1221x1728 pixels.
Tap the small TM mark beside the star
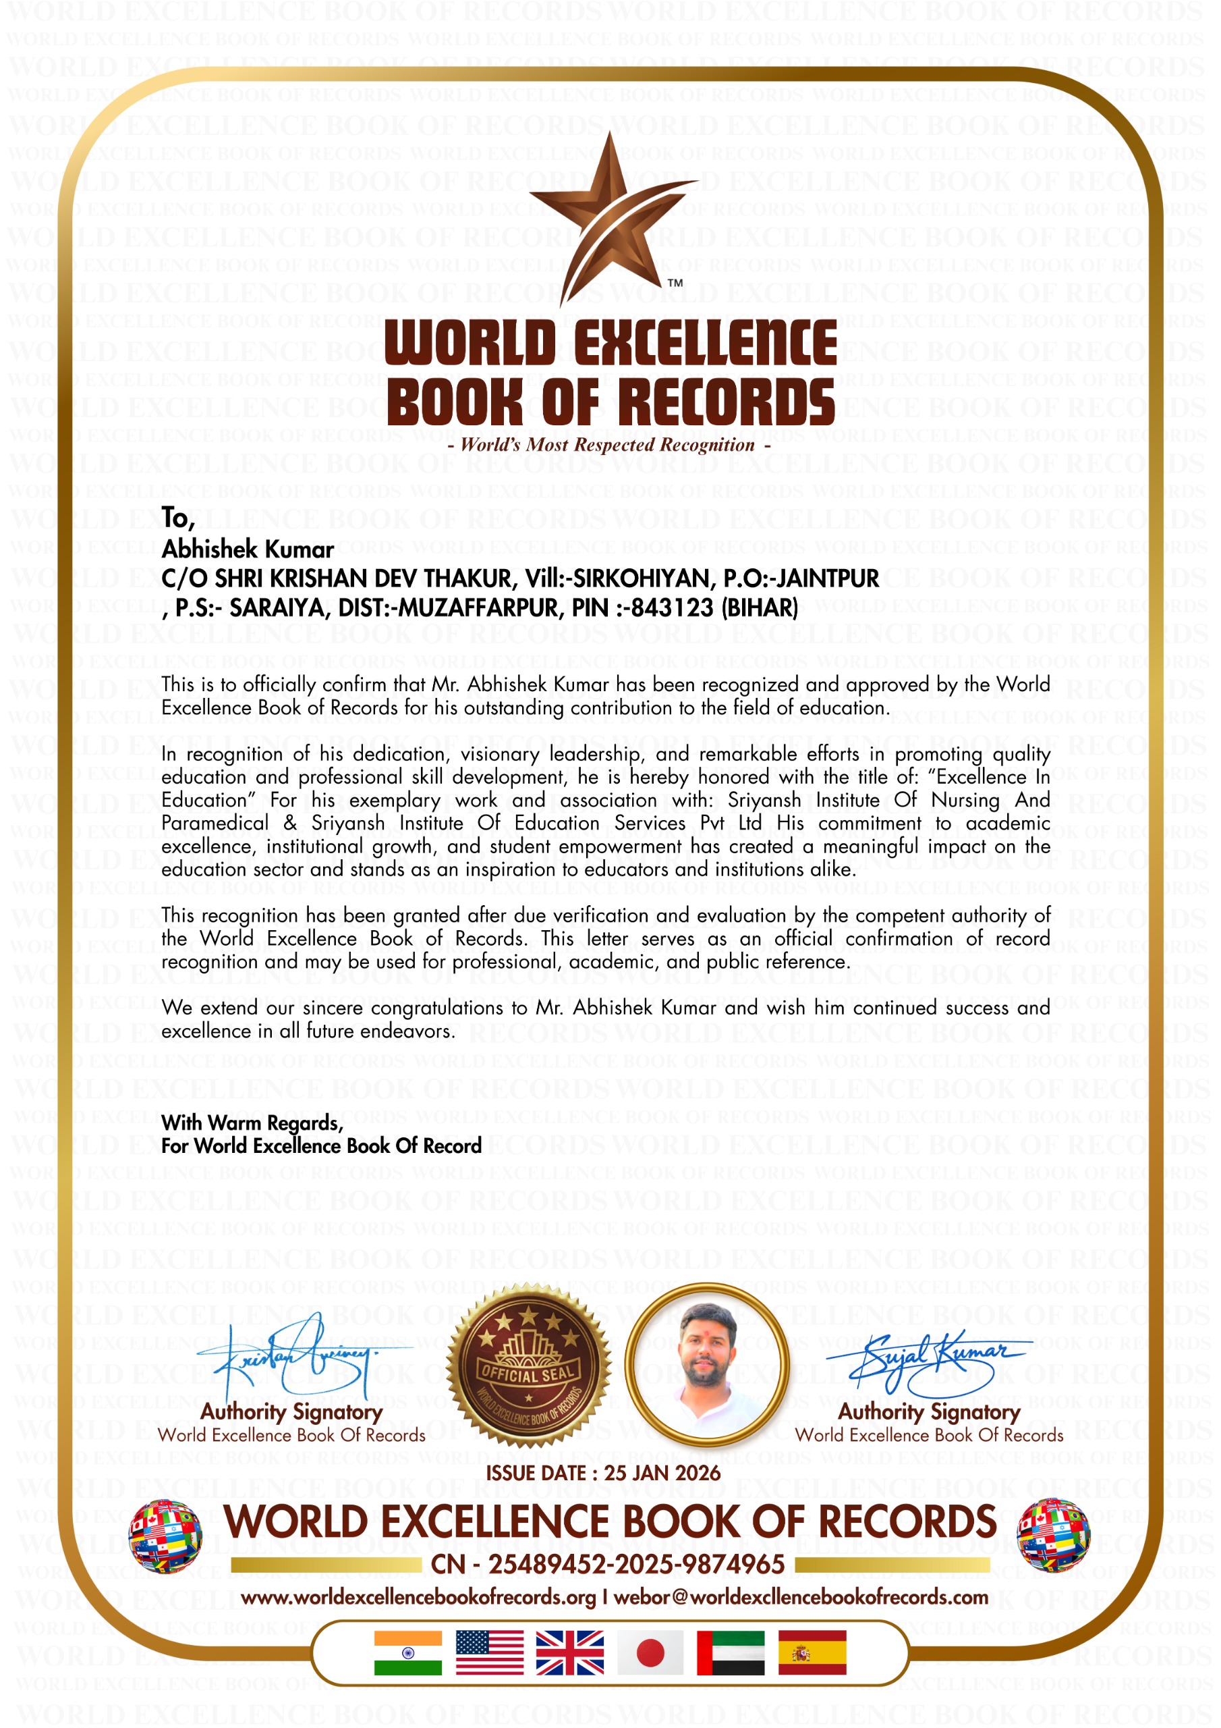point(675,283)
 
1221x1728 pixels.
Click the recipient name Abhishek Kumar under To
point(248,549)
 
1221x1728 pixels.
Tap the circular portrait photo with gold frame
point(706,1366)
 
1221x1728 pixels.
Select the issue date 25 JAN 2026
point(662,1473)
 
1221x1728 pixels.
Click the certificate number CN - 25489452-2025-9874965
point(608,1565)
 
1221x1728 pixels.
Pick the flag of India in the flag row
point(407,1653)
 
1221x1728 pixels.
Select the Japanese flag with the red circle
point(650,1653)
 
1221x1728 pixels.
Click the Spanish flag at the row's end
point(812,1653)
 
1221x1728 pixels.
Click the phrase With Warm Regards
point(252,1123)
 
